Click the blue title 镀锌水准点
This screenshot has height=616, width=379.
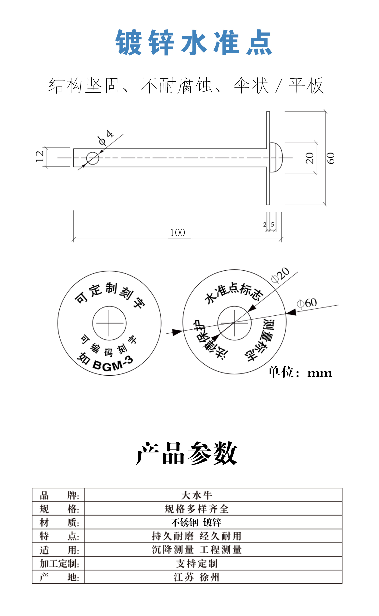(x=193, y=42)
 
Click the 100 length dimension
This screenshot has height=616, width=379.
(x=177, y=233)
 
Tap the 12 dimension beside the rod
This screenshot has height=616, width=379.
(x=40, y=156)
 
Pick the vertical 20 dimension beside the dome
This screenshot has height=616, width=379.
(x=310, y=158)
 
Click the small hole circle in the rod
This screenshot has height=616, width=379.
(x=93, y=158)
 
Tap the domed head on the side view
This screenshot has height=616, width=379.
(x=276, y=157)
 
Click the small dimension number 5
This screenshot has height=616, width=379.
(x=272, y=224)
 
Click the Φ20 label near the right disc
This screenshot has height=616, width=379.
(x=280, y=275)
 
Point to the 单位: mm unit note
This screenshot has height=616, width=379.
(x=300, y=372)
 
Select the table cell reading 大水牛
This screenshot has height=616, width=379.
(x=197, y=495)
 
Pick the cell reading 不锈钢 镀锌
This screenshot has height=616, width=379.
(x=196, y=523)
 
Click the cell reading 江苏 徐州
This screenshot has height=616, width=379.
(x=197, y=577)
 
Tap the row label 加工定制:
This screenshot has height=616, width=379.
(x=59, y=564)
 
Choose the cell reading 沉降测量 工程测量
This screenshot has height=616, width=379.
(x=197, y=550)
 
